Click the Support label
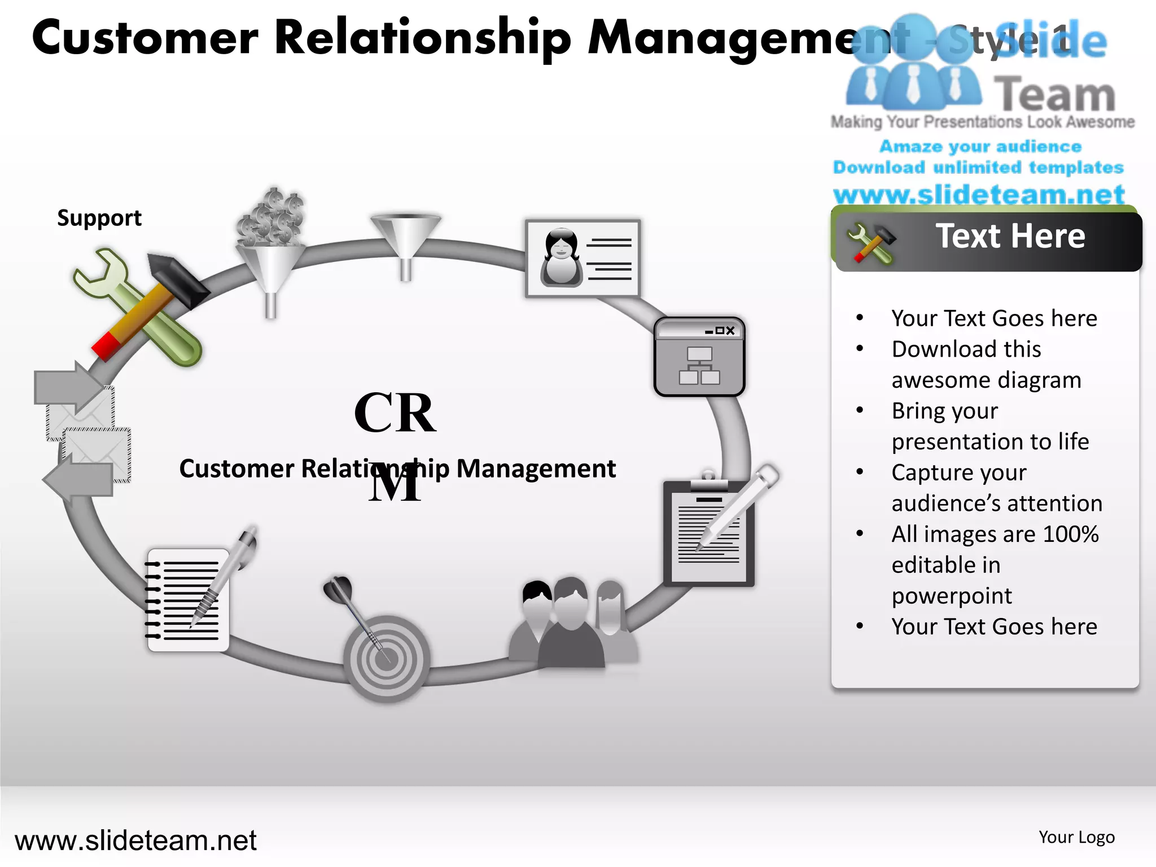99,218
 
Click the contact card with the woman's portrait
583,259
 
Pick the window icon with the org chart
699,357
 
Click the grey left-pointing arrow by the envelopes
79,479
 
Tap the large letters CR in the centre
395,413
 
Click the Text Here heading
1010,236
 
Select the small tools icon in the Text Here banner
871,243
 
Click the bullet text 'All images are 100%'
995,534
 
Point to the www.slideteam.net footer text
135,840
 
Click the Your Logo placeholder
1076,837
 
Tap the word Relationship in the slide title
423,38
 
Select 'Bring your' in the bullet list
945,411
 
